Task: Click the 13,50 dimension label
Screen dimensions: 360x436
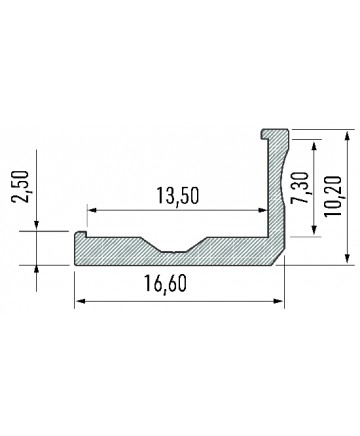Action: pyautogui.click(x=178, y=196)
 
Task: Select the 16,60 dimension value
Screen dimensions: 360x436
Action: pyautogui.click(x=165, y=284)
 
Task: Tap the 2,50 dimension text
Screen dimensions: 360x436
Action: pyautogui.click(x=20, y=186)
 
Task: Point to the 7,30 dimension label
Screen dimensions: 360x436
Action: pyautogui.click(x=300, y=188)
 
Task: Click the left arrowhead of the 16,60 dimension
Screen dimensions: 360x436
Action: pyautogui.click(x=80, y=301)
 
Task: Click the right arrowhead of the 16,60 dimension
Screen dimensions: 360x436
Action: pyautogui.click(x=278, y=301)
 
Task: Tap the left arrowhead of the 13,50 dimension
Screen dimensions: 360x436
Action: pyautogui.click(x=92, y=210)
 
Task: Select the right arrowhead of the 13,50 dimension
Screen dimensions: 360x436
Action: pyautogui.click(x=262, y=210)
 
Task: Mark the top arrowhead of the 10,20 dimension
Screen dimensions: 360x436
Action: pyautogui.click(x=347, y=136)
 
